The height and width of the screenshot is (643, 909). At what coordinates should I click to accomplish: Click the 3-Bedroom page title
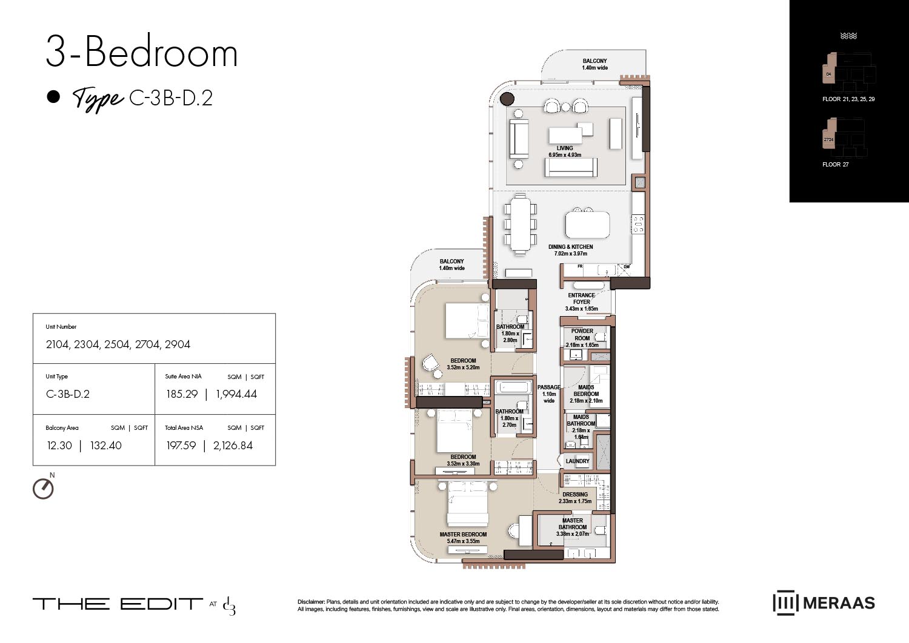coord(142,53)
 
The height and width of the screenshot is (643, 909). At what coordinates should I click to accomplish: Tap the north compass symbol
coord(43,488)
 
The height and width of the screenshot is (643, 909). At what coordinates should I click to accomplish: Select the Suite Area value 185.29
coord(182,394)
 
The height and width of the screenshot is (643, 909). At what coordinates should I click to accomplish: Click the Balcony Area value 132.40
coord(105,446)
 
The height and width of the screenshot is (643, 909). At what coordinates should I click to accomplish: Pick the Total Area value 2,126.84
coord(233,446)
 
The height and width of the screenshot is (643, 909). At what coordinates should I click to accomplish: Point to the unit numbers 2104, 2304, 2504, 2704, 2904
coord(118,345)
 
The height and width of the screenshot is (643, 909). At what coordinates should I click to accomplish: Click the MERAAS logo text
coord(839,603)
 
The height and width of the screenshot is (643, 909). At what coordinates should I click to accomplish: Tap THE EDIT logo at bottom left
coord(118,604)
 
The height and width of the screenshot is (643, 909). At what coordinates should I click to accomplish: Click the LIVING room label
coord(565,148)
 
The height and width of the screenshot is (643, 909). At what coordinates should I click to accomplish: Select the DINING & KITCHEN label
coord(570,247)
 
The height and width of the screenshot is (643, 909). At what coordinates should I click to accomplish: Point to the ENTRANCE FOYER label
coord(581,298)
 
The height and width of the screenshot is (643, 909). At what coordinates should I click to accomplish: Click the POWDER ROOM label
coord(582,334)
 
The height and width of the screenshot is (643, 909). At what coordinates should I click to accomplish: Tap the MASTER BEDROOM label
coord(463,535)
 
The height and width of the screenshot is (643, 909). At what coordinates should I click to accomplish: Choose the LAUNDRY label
coord(577,461)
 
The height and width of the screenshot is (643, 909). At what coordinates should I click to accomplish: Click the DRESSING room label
coord(574,495)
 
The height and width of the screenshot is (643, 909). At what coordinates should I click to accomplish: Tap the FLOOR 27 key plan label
coord(835,165)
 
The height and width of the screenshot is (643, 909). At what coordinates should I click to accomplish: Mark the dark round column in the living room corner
coord(507,99)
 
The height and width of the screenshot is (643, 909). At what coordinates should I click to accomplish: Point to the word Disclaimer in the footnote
coord(311,602)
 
